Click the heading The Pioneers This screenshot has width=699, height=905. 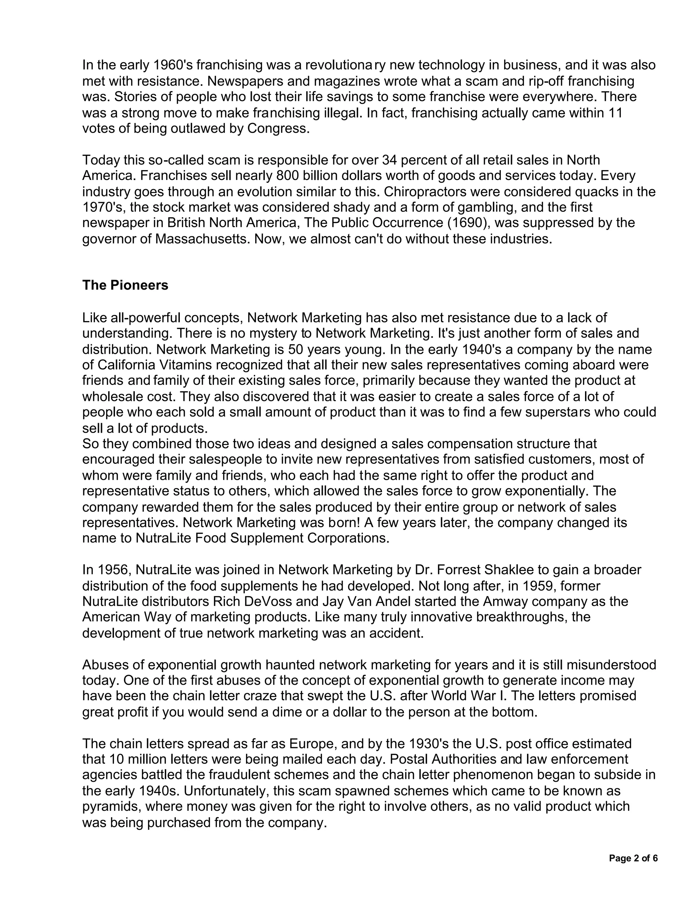125,286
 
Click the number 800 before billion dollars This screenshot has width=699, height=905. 287,176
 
